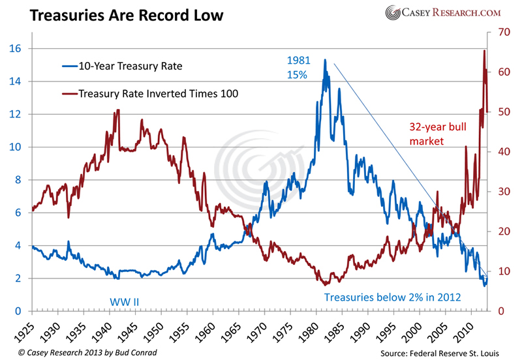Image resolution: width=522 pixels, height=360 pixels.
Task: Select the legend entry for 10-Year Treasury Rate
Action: [127, 66]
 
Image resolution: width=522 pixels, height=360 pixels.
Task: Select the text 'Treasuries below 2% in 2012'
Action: [393, 297]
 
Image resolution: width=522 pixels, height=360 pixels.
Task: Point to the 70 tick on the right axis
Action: [502, 31]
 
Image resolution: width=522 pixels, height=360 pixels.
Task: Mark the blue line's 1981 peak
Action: [324, 60]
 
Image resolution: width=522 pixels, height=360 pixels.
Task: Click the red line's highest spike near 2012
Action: [484, 51]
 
